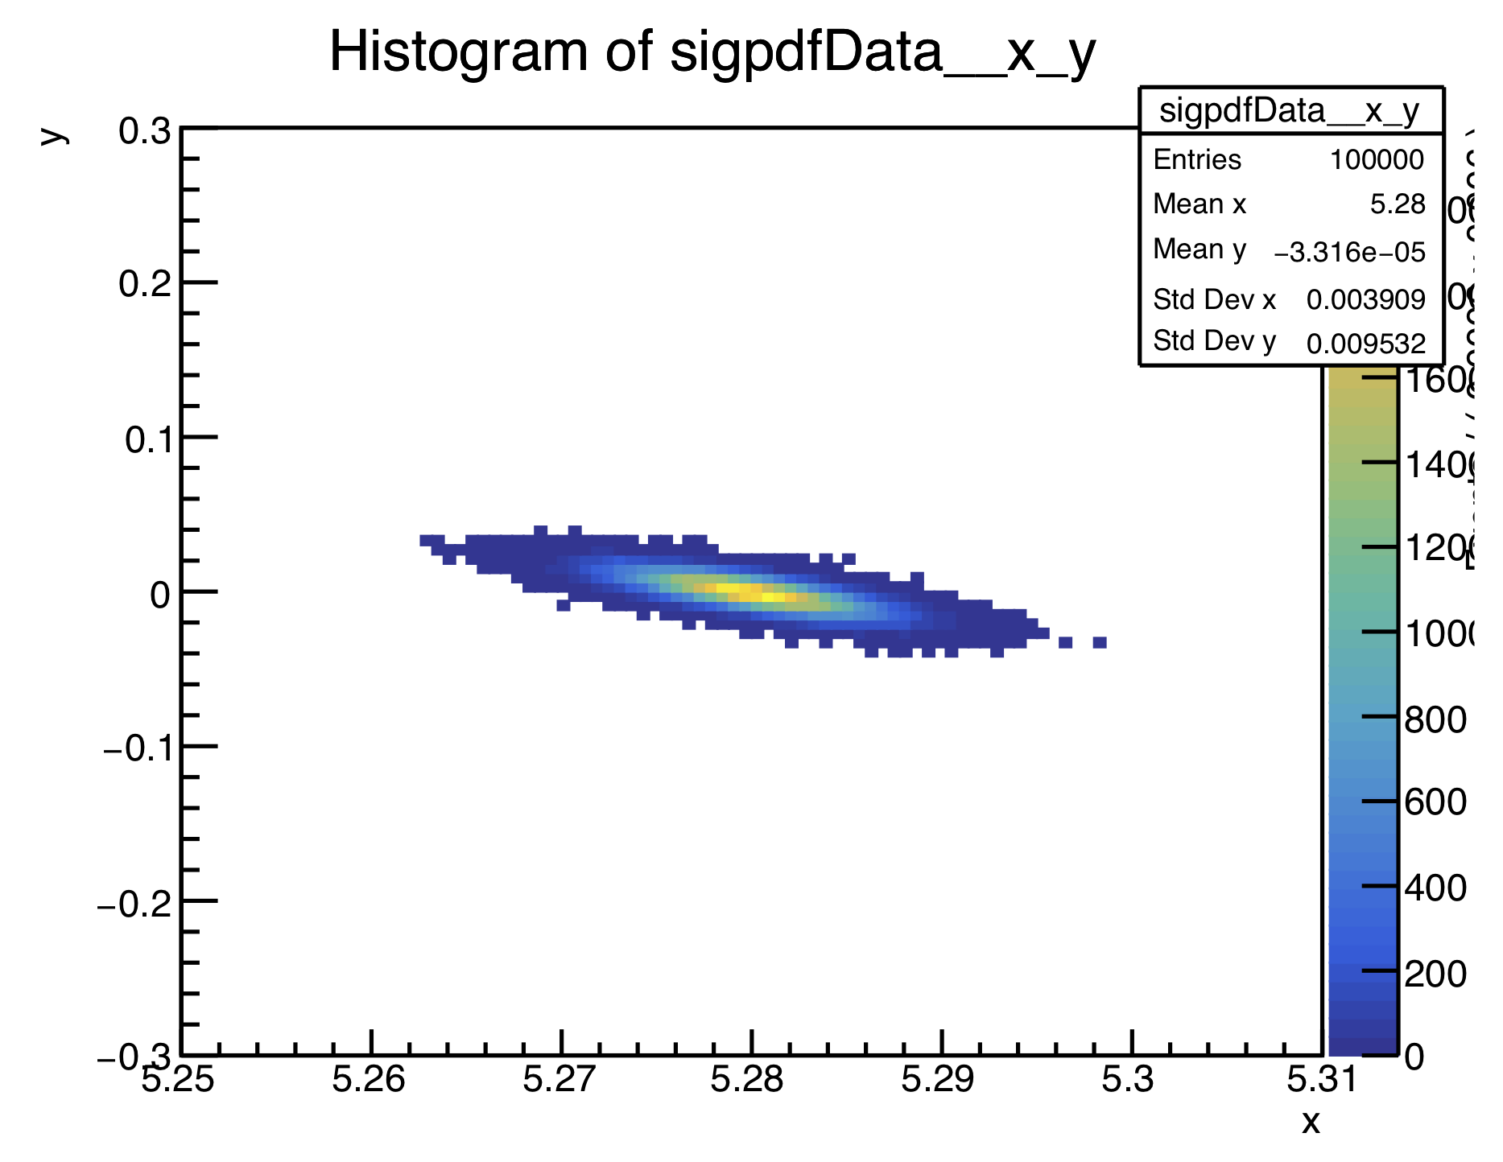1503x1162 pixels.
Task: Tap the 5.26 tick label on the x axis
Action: (369, 1079)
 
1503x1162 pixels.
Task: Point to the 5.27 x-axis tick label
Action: (559, 1079)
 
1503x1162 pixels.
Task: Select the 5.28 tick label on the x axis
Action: (747, 1079)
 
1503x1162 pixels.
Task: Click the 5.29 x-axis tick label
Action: (937, 1079)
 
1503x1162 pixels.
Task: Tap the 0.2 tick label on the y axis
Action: (145, 284)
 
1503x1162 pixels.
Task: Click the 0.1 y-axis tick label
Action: (148, 439)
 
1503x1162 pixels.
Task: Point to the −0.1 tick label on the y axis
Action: (138, 749)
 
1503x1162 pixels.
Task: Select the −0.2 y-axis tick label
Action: (134, 904)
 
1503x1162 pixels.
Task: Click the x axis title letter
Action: (1311, 1122)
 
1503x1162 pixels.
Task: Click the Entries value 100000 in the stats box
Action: (1376, 160)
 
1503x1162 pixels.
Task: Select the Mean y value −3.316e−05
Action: (1349, 253)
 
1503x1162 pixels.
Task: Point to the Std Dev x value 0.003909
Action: (1365, 300)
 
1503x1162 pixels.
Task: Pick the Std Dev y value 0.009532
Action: (1365, 344)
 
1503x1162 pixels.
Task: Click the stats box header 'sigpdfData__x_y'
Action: (1290, 111)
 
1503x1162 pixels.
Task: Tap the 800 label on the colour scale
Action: (1435, 719)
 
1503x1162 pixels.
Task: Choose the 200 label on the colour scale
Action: (1435, 974)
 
